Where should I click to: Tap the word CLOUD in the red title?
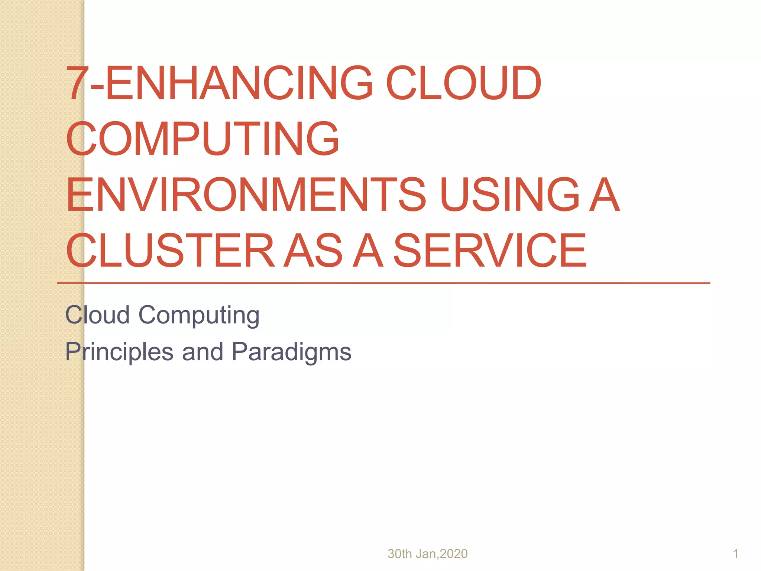[x=463, y=83]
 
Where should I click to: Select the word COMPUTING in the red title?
[x=203, y=139]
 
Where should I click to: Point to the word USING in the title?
[x=509, y=194]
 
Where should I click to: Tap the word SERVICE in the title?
[x=490, y=250]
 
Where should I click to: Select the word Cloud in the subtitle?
[x=97, y=315]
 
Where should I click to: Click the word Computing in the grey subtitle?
[x=199, y=316]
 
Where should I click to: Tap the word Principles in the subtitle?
[x=119, y=352]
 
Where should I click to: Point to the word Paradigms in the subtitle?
[x=291, y=352]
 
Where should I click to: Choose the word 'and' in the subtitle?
[x=203, y=352]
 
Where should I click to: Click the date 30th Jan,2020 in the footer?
[x=427, y=554]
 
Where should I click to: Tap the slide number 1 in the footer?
[x=735, y=554]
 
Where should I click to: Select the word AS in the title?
[x=313, y=250]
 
